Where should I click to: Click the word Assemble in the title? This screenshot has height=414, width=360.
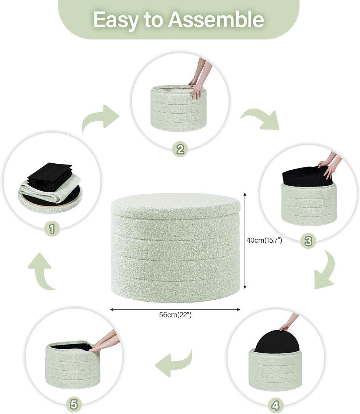pyautogui.click(x=216, y=20)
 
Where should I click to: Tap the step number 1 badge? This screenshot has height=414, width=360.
pyautogui.click(x=52, y=228)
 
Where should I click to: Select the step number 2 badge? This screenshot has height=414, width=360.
pyautogui.click(x=180, y=149)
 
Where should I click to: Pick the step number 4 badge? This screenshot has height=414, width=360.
pyautogui.click(x=275, y=405)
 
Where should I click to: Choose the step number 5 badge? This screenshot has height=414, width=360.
pyautogui.click(x=73, y=404)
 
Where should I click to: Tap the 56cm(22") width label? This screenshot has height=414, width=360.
pyautogui.click(x=175, y=315)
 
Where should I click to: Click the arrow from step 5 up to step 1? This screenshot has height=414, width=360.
pyautogui.click(x=42, y=272)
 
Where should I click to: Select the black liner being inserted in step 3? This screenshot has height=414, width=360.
pyautogui.click(x=307, y=176)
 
